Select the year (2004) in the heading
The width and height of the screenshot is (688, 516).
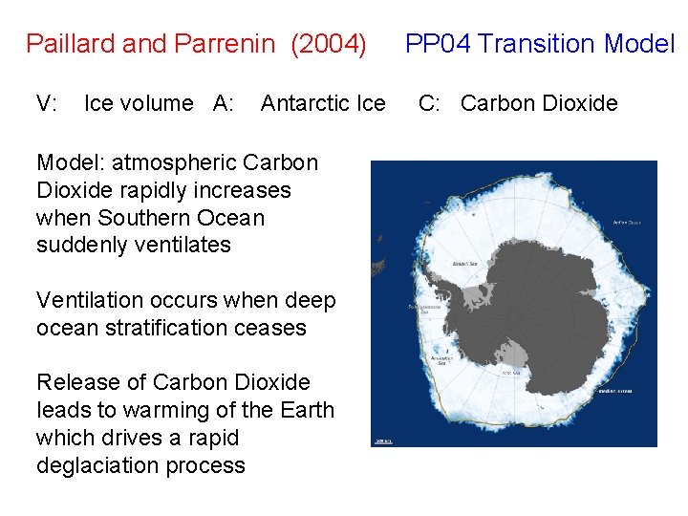(329, 44)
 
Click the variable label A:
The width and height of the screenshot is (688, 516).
(224, 103)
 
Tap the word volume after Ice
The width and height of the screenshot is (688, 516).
(161, 103)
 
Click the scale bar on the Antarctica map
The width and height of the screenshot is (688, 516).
(383, 440)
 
